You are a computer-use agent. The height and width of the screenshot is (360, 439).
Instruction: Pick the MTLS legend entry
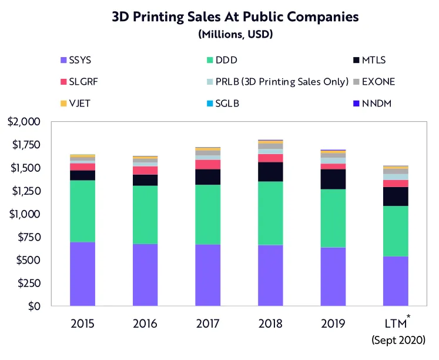tap(369, 59)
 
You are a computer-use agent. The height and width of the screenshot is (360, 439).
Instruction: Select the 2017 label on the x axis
tap(208, 324)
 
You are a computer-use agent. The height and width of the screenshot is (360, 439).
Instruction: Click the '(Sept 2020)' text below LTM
tap(398, 339)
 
